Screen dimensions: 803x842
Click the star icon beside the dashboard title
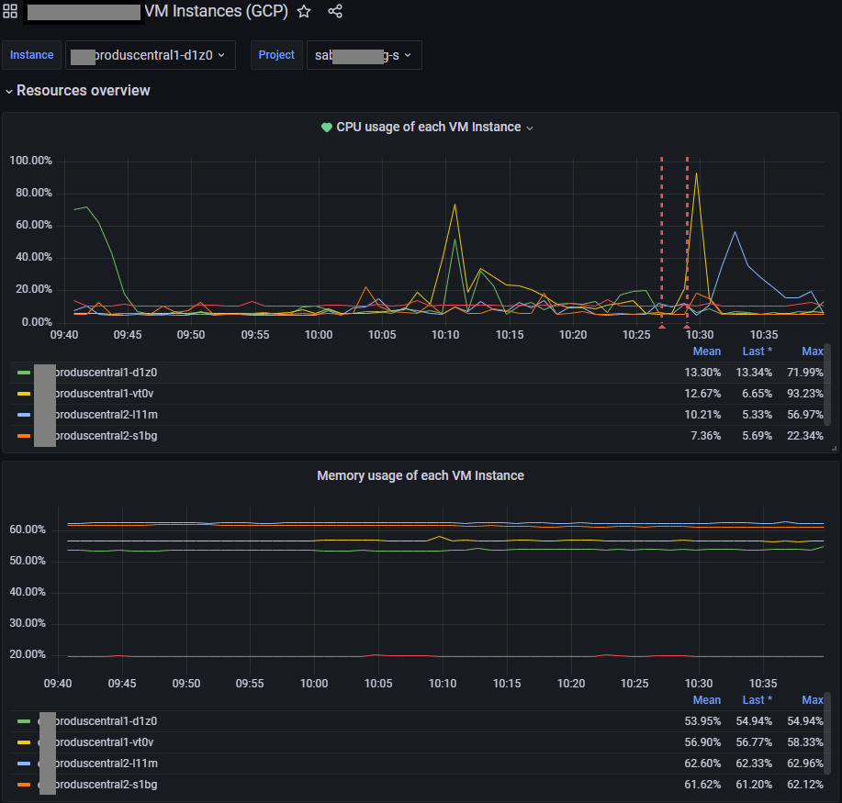[304, 12]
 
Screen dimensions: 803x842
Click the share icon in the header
[335, 12]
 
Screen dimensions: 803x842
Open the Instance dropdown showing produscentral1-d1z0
[151, 55]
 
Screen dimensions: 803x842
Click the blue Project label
[276, 55]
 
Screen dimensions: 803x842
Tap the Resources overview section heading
[83, 91]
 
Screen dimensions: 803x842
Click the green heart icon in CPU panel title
[326, 128]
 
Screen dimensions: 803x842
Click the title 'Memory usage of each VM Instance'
[421, 475]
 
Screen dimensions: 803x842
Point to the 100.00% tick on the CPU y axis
[30, 161]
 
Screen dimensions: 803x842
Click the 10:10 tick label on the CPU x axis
[445, 335]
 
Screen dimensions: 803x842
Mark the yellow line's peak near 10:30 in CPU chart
[697, 173]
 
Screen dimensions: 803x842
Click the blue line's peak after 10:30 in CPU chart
[735, 232]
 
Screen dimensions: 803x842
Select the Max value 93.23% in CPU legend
[805, 394]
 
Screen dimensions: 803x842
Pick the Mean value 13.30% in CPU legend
[702, 373]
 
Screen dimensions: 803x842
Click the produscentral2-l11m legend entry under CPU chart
[106, 415]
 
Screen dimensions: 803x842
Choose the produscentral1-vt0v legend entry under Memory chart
[106, 742]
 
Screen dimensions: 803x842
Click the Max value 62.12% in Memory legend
[805, 785]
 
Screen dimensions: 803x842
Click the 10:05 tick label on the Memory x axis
[378, 684]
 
